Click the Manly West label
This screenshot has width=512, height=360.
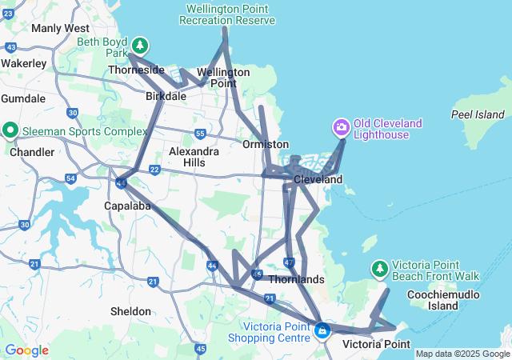(x=60, y=28)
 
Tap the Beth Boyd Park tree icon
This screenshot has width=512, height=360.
(x=140, y=44)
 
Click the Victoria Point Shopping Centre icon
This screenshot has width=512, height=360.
(x=322, y=330)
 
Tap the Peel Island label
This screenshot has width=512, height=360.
(x=478, y=114)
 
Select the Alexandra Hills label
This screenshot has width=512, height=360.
(x=194, y=157)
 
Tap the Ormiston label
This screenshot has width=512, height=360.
(x=266, y=144)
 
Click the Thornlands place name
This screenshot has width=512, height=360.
(x=296, y=279)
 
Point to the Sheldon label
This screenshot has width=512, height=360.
(x=130, y=311)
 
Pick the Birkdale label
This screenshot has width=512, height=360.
(x=166, y=96)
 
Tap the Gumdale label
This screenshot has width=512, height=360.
(x=23, y=98)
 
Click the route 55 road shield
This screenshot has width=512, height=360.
(x=199, y=133)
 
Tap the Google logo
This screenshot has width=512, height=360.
(x=26, y=350)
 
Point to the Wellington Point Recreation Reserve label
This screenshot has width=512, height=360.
(x=230, y=14)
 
